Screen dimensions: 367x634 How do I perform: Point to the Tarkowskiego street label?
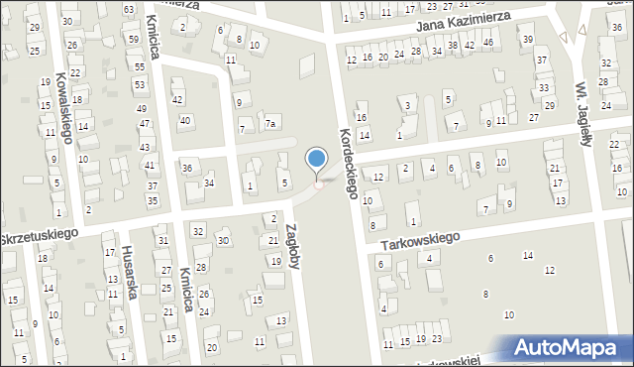point(420,239)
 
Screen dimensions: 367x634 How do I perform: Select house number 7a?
point(269,124)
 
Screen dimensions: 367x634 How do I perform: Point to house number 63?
point(129,9)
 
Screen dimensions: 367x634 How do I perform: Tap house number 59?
point(134,39)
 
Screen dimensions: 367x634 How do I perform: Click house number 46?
point(487,43)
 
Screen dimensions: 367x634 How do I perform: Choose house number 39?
point(527,39)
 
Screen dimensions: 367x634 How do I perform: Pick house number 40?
point(184,120)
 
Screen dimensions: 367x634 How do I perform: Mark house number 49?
point(142,108)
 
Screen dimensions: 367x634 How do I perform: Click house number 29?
point(35,27)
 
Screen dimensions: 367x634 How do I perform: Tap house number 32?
point(198,231)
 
